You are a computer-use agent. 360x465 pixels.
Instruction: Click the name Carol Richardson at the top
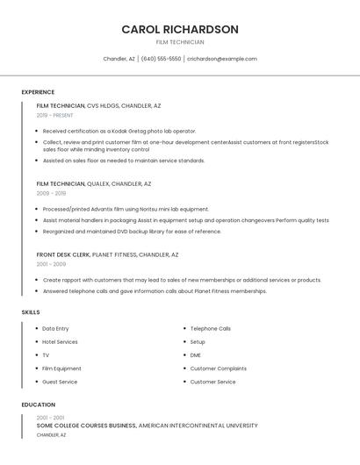pyautogui.click(x=180, y=29)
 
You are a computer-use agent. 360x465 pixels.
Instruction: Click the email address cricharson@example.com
pyautogui.click(x=221, y=59)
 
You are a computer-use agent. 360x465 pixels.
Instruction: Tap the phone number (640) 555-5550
pyautogui.click(x=161, y=59)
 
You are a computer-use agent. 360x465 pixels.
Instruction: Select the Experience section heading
pyautogui.click(x=38, y=92)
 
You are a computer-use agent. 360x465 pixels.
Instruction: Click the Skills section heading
pyautogui.click(x=31, y=311)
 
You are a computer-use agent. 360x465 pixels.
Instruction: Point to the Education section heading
pyautogui.click(x=38, y=404)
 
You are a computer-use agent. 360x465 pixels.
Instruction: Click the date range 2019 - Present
pyautogui.click(x=55, y=115)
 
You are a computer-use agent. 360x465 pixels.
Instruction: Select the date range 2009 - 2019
pyautogui.click(x=51, y=193)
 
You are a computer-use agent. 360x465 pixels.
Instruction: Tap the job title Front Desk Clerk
pyautogui.click(x=63, y=254)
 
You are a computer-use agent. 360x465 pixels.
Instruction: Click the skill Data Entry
pyautogui.click(x=55, y=329)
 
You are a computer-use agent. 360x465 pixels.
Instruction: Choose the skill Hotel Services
pyautogui.click(x=60, y=342)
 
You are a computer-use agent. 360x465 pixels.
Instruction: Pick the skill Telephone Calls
pyautogui.click(x=211, y=329)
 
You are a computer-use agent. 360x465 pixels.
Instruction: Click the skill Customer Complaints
pyautogui.click(x=219, y=368)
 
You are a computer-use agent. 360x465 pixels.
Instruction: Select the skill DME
pyautogui.click(x=196, y=355)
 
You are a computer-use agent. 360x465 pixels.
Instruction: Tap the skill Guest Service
pyautogui.click(x=60, y=382)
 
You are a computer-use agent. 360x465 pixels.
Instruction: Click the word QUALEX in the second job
pyautogui.click(x=98, y=184)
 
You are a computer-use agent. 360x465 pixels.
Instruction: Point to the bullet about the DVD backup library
pyautogui.click(x=132, y=232)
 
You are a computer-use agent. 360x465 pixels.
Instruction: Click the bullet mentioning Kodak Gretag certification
pyautogui.click(x=119, y=131)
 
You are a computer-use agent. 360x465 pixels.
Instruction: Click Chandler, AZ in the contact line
pyautogui.click(x=119, y=59)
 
